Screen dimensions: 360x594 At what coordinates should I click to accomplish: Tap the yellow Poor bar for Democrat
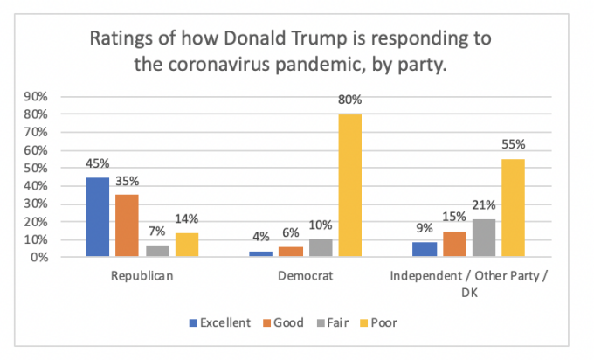pyautogui.click(x=350, y=185)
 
